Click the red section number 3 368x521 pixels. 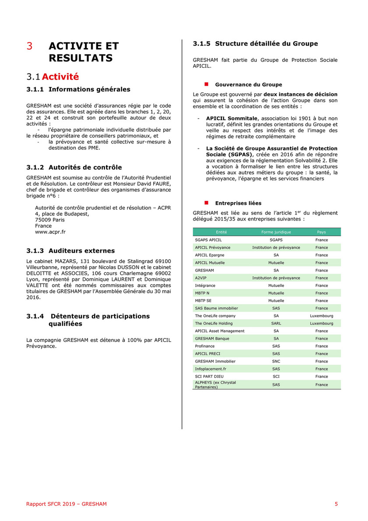pos(29,46)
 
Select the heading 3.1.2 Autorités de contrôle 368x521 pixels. pos(74,167)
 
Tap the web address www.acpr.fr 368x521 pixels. pos(50,232)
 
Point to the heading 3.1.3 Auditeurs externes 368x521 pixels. pos(70,251)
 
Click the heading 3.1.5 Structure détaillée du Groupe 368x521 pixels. pos(255,44)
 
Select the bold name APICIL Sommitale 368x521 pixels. pos(232,118)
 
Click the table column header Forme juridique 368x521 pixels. pos(276,232)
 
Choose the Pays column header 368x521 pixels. pos(321,232)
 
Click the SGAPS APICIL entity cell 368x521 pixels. pos(208,240)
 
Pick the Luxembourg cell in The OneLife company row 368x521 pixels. pos(321,316)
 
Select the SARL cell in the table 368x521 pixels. pos(276,324)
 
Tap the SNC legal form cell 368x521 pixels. pos(276,361)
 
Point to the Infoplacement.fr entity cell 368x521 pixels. pos(210,369)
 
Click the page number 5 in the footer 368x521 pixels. pos(336,504)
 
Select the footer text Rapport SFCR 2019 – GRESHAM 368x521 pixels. pos(67,504)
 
